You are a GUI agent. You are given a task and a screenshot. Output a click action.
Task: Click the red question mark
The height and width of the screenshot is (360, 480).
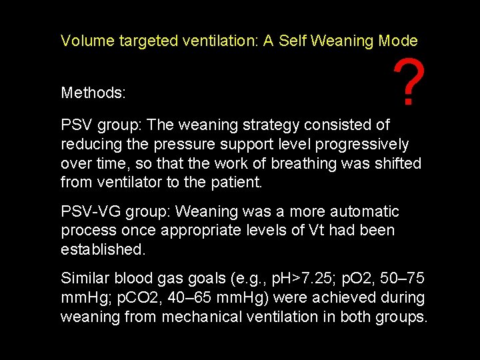[408, 83]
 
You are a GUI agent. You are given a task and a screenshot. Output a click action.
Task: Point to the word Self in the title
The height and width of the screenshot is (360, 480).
[292, 41]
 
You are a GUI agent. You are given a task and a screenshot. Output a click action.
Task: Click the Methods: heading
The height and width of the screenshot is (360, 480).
[93, 93]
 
